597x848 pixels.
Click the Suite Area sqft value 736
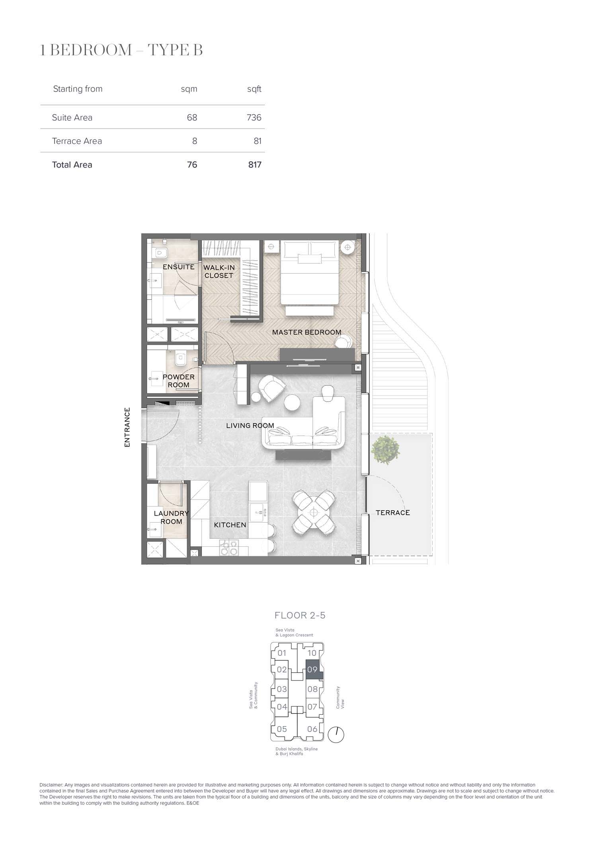pos(254,117)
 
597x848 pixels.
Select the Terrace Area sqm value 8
pos(195,141)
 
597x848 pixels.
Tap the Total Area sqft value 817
pos(255,165)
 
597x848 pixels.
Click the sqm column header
pos(189,89)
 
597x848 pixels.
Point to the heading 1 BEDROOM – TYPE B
pos(121,50)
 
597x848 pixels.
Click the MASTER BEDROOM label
pos(306,332)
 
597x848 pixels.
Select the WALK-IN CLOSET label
pos(219,271)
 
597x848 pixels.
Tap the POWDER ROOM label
pos(178,381)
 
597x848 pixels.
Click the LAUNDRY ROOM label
pos(171,517)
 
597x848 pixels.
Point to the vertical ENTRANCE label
pos(127,427)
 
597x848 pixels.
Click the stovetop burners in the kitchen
pos(228,548)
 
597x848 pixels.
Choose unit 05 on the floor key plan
pos(282,729)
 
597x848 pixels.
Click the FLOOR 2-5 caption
pos(300,615)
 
